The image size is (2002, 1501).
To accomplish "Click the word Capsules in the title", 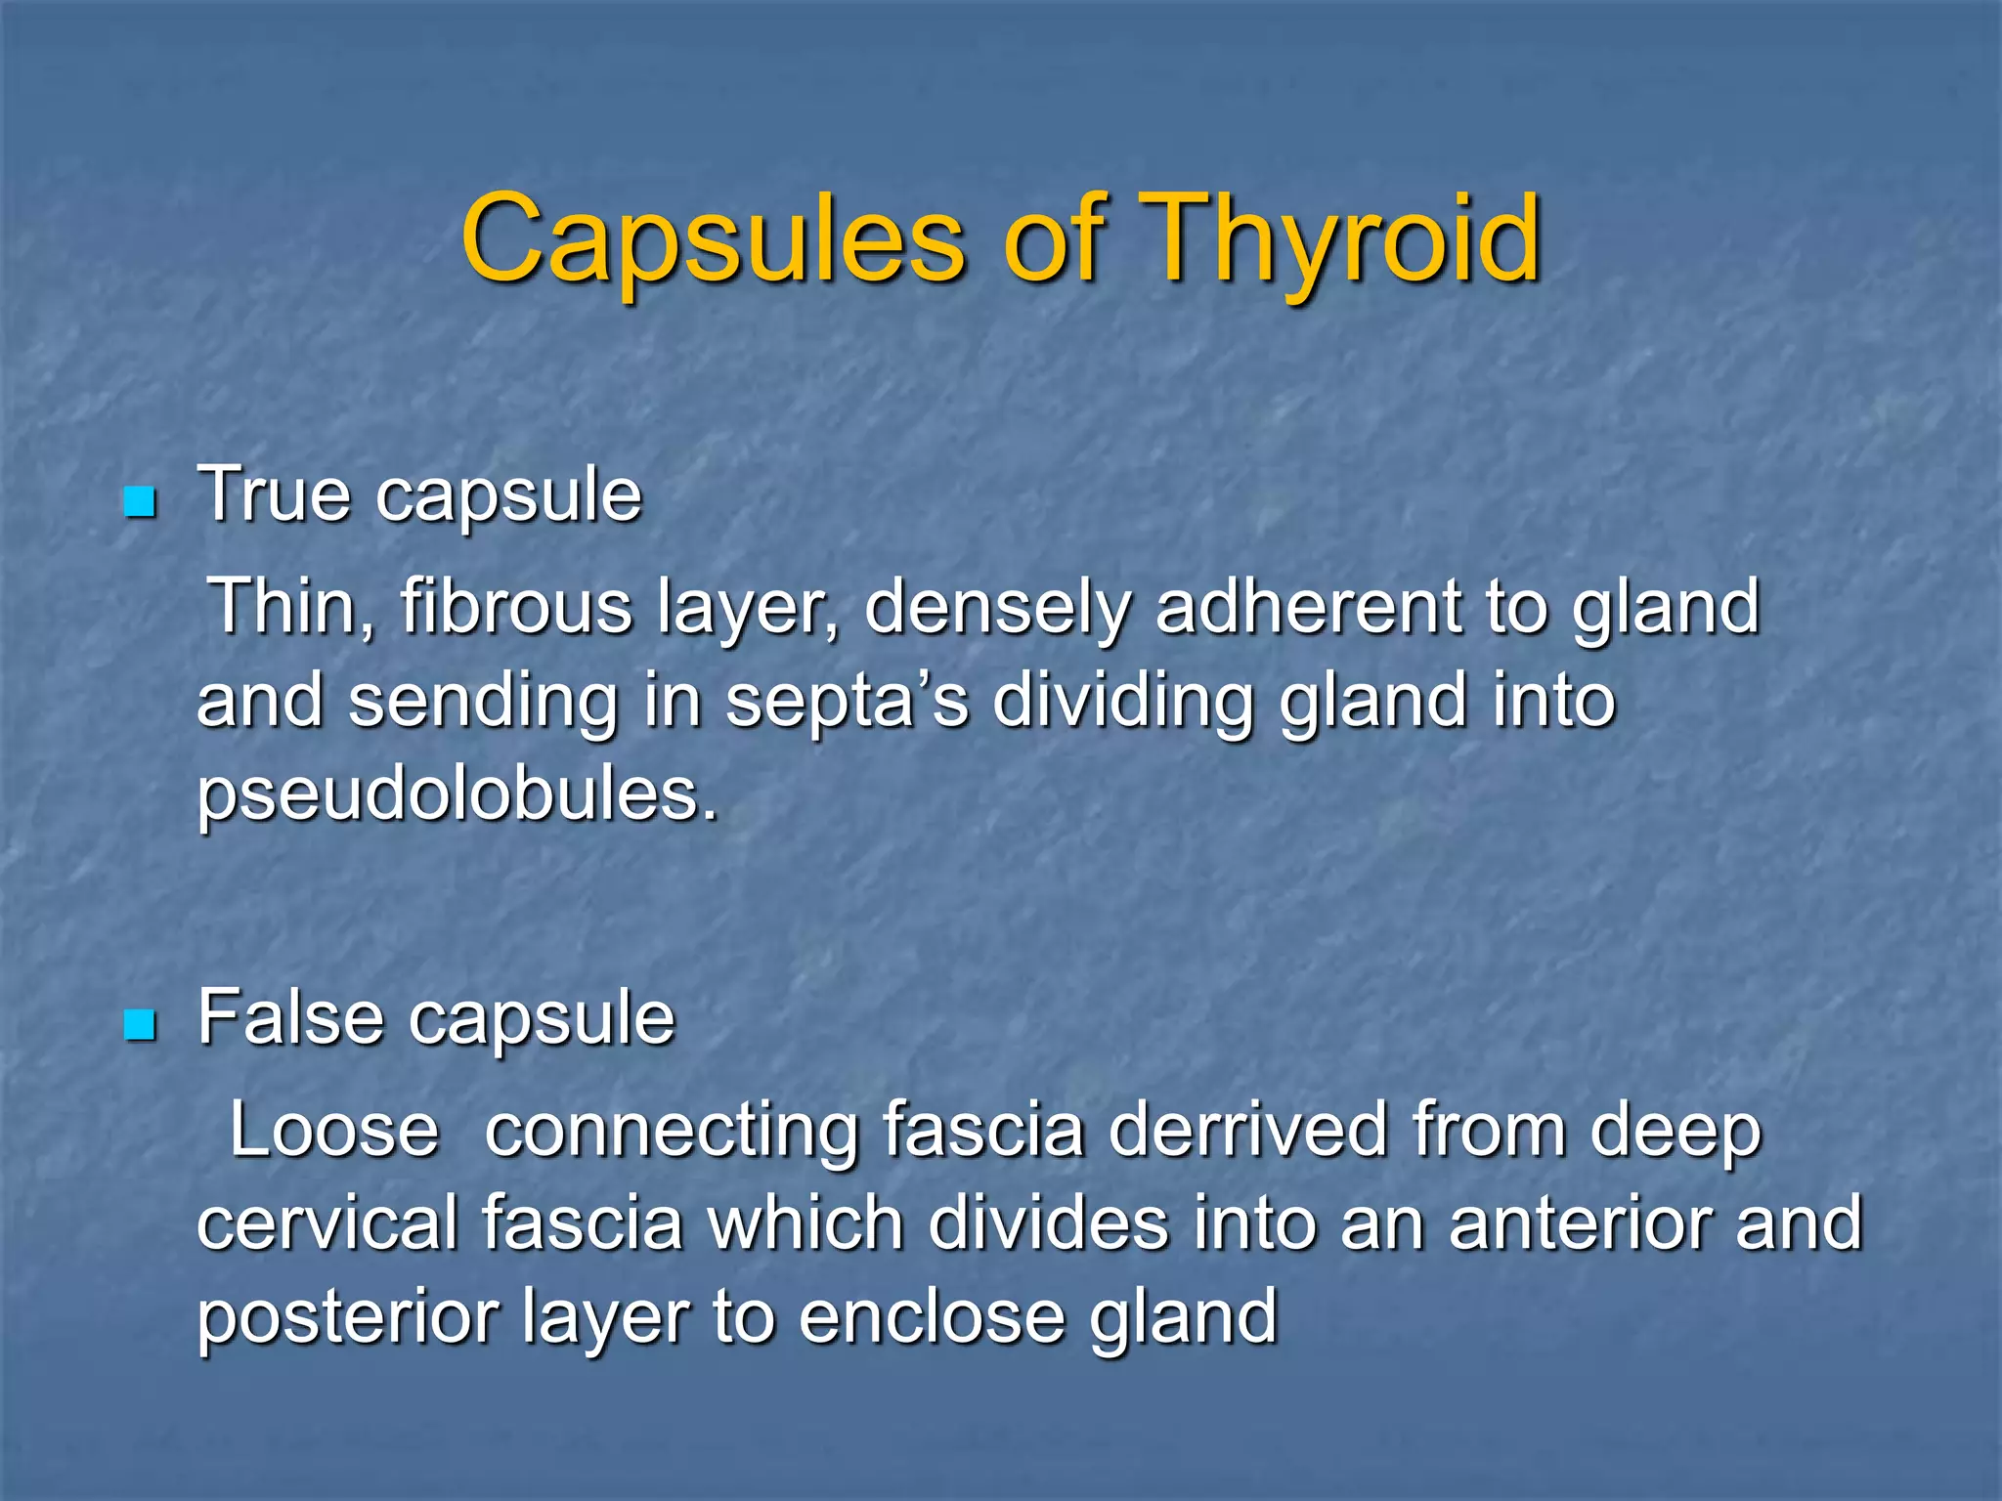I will coord(713,239).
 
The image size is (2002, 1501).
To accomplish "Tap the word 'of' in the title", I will coord(1054,239).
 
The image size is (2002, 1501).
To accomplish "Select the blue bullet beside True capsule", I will coord(141,502).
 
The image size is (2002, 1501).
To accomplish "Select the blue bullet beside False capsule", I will coord(141,1025).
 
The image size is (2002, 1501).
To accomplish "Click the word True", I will coord(275,494).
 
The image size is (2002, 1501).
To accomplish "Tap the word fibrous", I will coord(516,607).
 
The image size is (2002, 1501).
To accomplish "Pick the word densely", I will coord(997,607).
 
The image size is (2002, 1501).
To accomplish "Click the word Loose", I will coord(334,1130).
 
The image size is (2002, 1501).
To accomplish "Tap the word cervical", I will coord(326,1222).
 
